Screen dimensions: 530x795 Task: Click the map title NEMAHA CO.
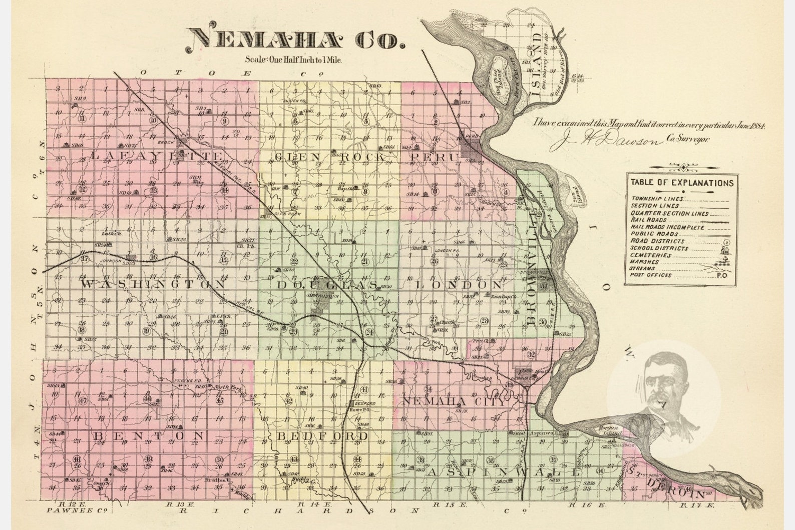[x=296, y=38]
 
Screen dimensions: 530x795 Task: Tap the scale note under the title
[x=293, y=60]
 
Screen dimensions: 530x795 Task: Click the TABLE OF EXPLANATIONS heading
[x=682, y=183]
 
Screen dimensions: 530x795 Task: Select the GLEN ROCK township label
[x=329, y=157]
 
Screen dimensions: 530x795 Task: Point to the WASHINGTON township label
[x=153, y=284]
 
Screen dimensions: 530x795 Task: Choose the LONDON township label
[x=458, y=284]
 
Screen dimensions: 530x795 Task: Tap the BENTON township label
[x=148, y=435]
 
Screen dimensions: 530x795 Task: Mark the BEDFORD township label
[x=323, y=436]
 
